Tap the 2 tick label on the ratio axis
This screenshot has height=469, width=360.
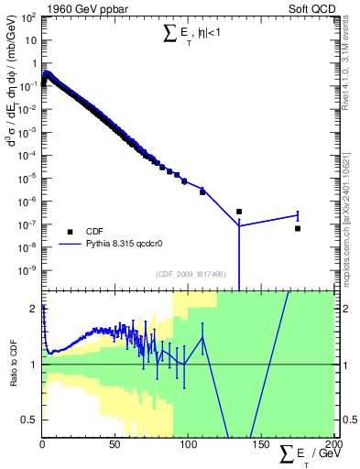pyautogui.click(x=34, y=309)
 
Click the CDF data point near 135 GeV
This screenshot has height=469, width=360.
pyautogui.click(x=239, y=212)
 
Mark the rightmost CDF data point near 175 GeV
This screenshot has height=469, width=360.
pyautogui.click(x=298, y=228)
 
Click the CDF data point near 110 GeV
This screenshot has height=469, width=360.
pyautogui.click(x=202, y=191)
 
